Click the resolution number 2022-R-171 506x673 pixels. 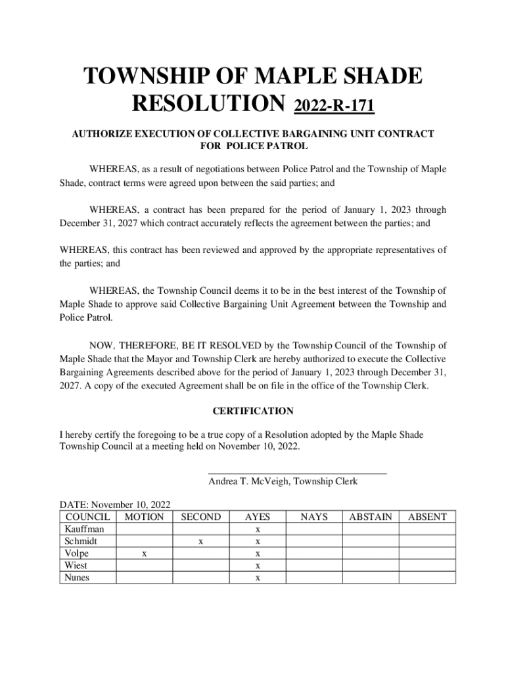click(334, 105)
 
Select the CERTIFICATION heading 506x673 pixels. click(253, 411)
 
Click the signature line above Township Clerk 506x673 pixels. click(297, 473)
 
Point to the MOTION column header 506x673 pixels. click(144, 517)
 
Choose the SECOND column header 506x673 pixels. click(200, 517)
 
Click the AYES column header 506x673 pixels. click(257, 517)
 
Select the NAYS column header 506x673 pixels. click(313, 517)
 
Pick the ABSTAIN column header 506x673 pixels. click(370, 517)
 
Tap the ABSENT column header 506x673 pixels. click(427, 517)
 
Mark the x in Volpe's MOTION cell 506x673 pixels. click(144, 554)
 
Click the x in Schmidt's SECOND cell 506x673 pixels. click(200, 542)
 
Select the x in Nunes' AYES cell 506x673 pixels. click(258, 578)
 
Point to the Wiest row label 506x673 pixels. click(76, 566)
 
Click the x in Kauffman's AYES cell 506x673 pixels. click(258, 530)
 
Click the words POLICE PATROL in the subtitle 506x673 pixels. click(266, 146)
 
